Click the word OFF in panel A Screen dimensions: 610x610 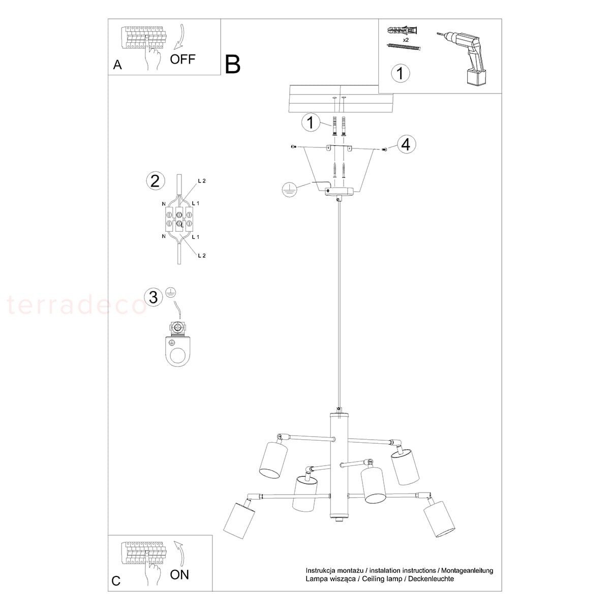(182, 59)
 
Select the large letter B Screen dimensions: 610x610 (233, 65)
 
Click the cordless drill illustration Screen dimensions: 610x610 (463, 58)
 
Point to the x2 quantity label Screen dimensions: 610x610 (406, 40)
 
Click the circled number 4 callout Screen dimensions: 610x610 (406, 145)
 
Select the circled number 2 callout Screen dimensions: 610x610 (156, 181)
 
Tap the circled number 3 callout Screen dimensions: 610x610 (154, 297)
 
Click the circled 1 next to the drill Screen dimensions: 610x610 (401, 73)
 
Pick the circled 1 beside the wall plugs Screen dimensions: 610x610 (311, 123)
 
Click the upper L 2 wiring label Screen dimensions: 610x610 (202, 181)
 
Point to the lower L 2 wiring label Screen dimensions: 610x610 (202, 256)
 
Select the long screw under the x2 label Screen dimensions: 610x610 (404, 47)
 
